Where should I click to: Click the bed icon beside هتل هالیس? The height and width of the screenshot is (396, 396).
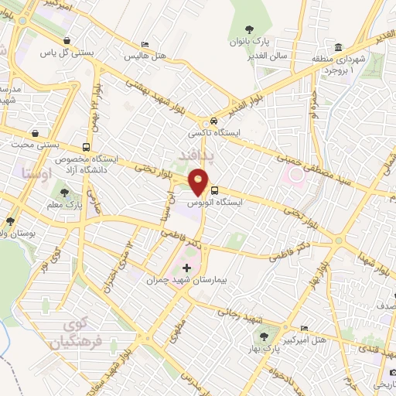[144, 45]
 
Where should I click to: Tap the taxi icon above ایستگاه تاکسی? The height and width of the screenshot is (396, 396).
[213, 121]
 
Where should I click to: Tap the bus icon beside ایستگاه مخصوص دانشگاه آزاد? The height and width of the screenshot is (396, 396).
[85, 146]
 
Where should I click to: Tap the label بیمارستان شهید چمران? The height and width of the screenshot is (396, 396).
[182, 280]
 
